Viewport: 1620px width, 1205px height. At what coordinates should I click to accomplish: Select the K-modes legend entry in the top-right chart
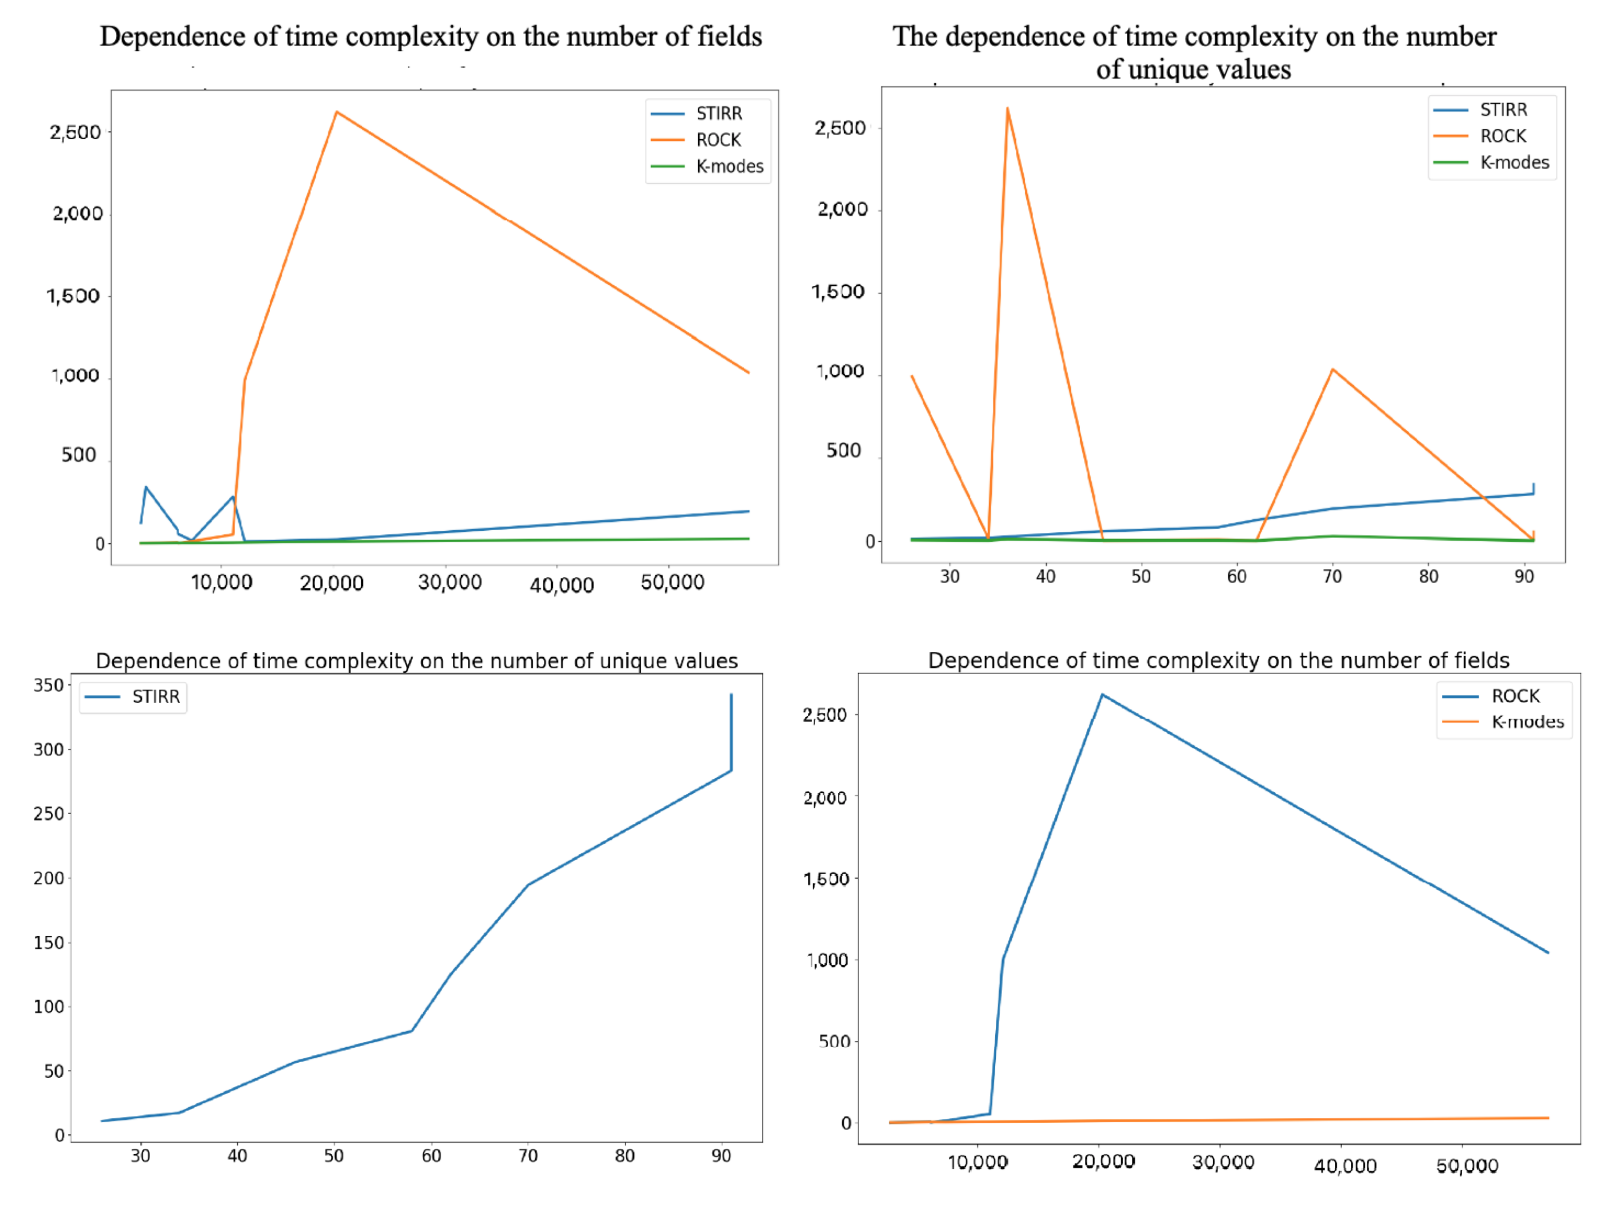coord(1513,162)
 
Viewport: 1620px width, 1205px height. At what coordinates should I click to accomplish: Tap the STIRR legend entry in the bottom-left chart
coord(155,696)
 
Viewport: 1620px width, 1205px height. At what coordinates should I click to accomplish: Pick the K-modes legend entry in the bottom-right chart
coord(1527,722)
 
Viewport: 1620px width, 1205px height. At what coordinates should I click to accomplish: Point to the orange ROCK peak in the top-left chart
coord(336,112)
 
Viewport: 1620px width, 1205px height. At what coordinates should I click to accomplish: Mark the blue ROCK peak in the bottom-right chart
coord(1101,694)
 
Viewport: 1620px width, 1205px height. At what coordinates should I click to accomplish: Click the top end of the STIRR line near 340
coord(731,695)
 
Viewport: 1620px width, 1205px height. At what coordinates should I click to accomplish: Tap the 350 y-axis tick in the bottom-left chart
coord(49,685)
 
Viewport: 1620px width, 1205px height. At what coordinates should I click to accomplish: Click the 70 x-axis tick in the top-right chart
coord(1332,576)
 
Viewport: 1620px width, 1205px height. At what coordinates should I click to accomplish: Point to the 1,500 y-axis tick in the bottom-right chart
coord(826,879)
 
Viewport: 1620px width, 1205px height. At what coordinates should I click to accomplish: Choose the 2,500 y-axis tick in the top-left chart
coord(75,132)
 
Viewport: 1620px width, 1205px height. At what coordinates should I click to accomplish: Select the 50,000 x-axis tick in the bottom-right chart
coord(1466,1166)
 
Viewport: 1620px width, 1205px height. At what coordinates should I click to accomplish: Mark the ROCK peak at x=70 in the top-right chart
coord(1332,369)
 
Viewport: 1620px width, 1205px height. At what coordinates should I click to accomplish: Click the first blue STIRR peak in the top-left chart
coord(146,487)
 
